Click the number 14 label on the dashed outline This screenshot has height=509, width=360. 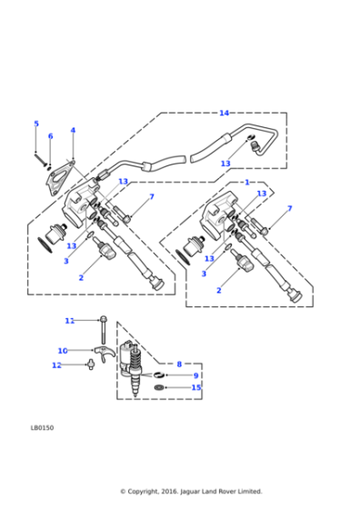224,113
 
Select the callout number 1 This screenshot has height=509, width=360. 247,183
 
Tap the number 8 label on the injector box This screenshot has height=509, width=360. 179,364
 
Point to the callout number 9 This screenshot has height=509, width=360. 195,375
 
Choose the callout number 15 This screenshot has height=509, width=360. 196,387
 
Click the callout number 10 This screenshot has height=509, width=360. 63,351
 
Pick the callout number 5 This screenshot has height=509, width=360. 36,124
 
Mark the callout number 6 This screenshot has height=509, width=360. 50,136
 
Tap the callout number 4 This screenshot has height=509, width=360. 73,130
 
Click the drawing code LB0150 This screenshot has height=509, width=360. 42,428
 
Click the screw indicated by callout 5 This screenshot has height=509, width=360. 41,159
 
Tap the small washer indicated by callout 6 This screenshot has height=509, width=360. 49,168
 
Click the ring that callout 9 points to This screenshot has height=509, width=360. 158,375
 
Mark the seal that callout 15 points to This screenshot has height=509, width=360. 159,387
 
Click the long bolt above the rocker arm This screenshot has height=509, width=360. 104,329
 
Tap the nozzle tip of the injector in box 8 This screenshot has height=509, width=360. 135,394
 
